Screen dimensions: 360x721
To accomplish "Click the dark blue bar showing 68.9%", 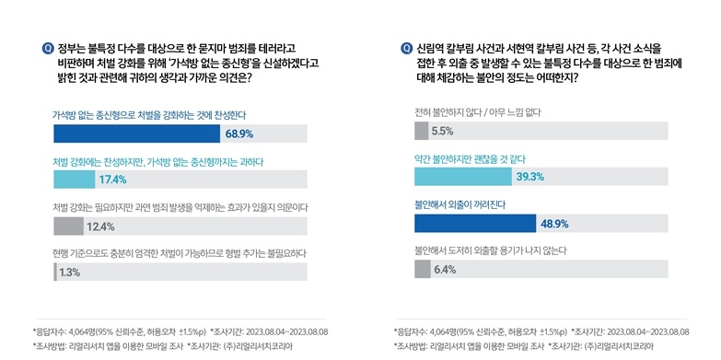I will click(x=137, y=134).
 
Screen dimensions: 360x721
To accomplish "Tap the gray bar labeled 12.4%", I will click(x=68, y=226).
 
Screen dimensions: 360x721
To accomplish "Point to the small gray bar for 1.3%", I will click(x=55, y=272).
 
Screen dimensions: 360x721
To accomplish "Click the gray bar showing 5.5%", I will click(x=422, y=131).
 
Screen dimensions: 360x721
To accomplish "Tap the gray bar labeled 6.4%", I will click(x=423, y=269).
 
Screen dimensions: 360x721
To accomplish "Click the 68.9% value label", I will click(x=238, y=134).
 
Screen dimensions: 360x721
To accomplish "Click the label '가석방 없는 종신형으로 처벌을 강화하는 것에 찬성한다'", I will click(x=149, y=114).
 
